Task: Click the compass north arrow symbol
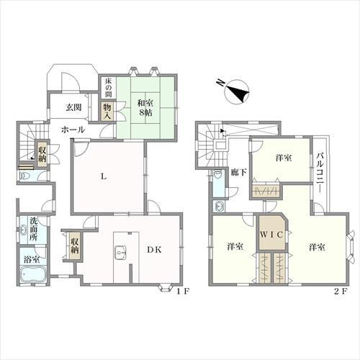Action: coord(236,92)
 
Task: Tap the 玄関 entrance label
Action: coord(73,107)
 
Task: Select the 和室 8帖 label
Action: coord(145,108)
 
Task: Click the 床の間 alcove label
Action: coord(108,88)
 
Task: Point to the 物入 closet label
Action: coord(107,112)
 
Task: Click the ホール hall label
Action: coord(73,130)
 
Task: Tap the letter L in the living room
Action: coord(104,177)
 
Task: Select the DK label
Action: coord(154,250)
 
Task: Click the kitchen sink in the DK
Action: coord(120,253)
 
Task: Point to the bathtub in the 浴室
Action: coord(32,274)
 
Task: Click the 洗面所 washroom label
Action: coord(33,229)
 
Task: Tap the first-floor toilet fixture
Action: coord(24,176)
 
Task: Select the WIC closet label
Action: coord(271,235)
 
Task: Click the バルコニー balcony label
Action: coord(320,172)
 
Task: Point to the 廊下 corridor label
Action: coord(238,172)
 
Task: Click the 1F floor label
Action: coord(184,292)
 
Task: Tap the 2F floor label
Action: coord(341,292)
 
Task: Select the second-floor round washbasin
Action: coord(220,206)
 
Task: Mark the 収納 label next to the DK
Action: coord(75,246)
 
